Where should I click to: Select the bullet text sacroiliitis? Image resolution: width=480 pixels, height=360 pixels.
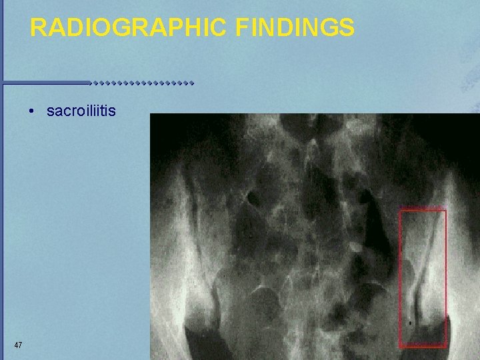click(x=81, y=111)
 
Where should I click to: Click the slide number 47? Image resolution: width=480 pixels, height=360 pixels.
click(x=18, y=345)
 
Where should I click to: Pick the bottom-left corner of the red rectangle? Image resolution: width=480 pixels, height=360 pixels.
click(x=400, y=346)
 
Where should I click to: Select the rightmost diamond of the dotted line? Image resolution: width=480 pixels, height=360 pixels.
click(x=191, y=84)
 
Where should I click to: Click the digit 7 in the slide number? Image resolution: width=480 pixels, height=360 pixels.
click(x=21, y=345)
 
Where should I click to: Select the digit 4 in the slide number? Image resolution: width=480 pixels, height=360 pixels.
click(x=15, y=345)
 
